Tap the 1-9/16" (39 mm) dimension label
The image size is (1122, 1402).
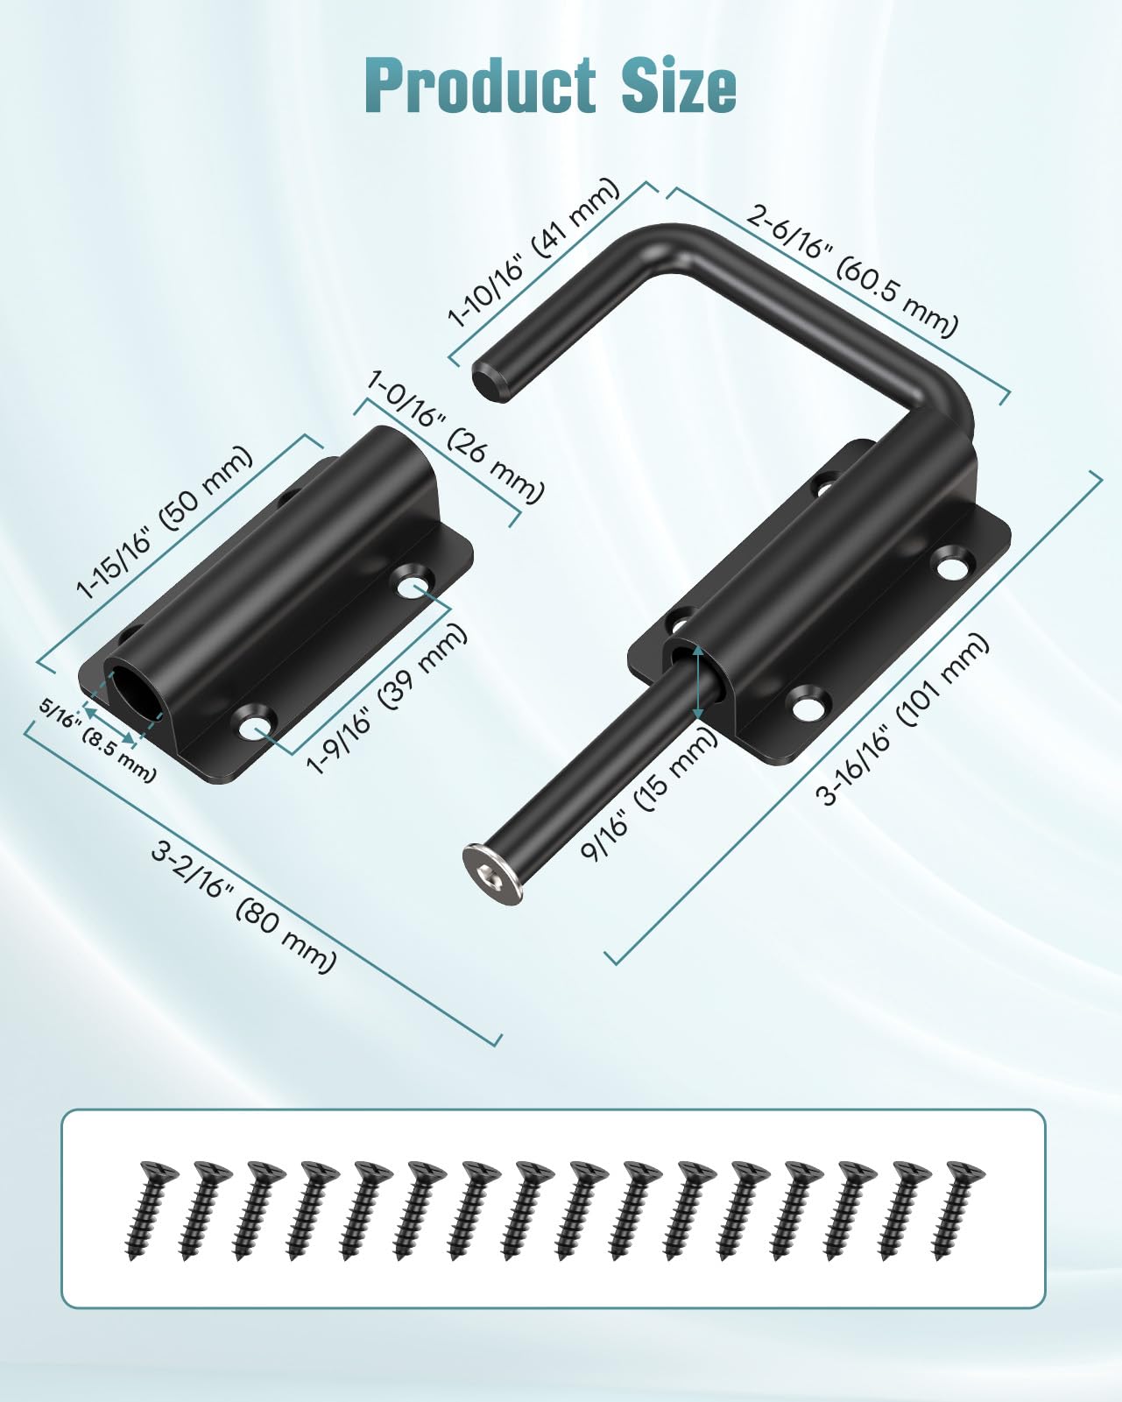coord(387,700)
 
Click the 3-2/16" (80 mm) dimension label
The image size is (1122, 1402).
coord(243,906)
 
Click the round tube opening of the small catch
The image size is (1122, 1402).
coord(130,686)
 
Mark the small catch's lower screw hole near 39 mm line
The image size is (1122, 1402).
coord(255,726)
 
